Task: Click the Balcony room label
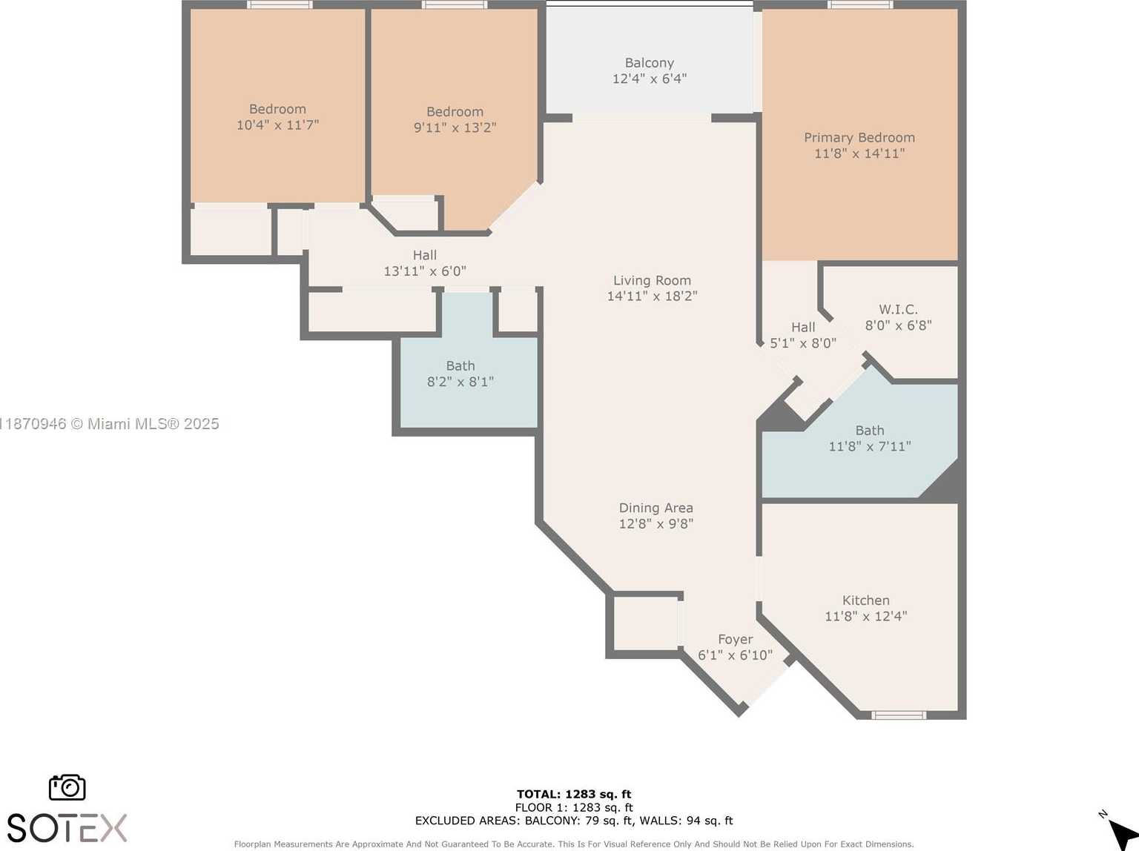click(x=649, y=63)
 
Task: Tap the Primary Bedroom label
click(x=859, y=138)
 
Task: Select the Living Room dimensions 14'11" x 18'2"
click(x=652, y=296)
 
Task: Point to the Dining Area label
click(x=656, y=508)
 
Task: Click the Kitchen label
click(x=865, y=600)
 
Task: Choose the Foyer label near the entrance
click(x=735, y=639)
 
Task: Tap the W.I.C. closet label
click(x=898, y=309)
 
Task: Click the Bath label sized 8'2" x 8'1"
click(x=460, y=366)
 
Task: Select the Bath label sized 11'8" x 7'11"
click(x=869, y=431)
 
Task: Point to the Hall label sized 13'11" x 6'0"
click(x=424, y=255)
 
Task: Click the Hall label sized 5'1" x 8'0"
click(x=802, y=327)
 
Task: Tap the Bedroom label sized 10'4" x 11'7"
click(x=277, y=109)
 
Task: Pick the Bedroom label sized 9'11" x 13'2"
click(x=455, y=112)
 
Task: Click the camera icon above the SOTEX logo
click(x=67, y=787)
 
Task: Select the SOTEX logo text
click(x=67, y=827)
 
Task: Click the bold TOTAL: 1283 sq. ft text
click(x=574, y=794)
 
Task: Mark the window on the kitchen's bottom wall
click(x=898, y=715)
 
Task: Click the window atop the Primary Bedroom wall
click(x=859, y=4)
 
